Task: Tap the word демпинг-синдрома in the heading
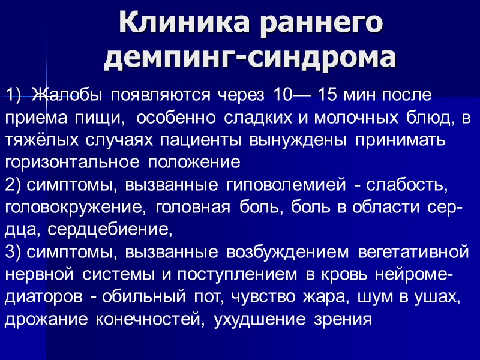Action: pos(250,58)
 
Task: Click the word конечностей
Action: pos(156,319)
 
